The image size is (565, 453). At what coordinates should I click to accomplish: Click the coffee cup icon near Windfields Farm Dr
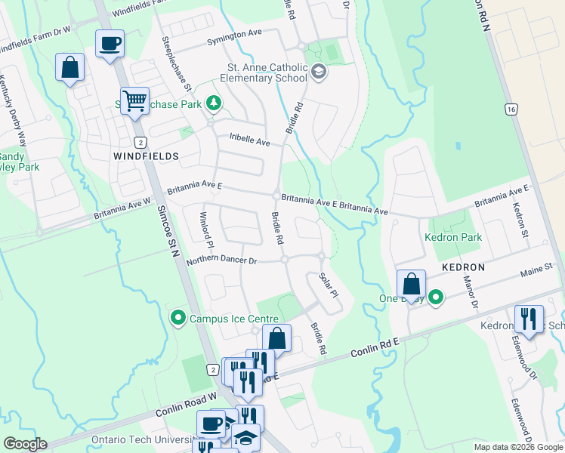[110, 43]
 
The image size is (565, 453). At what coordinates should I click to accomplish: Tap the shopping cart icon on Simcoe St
[134, 100]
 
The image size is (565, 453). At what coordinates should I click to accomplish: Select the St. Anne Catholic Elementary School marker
[318, 72]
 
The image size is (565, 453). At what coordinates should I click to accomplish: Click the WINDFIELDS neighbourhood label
[146, 156]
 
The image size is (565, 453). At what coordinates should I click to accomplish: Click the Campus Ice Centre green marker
[178, 319]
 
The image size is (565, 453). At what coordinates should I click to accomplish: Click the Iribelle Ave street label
[249, 141]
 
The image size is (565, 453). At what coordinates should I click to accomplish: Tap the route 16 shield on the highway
[512, 109]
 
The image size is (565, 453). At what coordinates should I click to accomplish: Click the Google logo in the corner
[25, 444]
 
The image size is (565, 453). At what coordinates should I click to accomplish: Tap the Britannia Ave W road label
[122, 210]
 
